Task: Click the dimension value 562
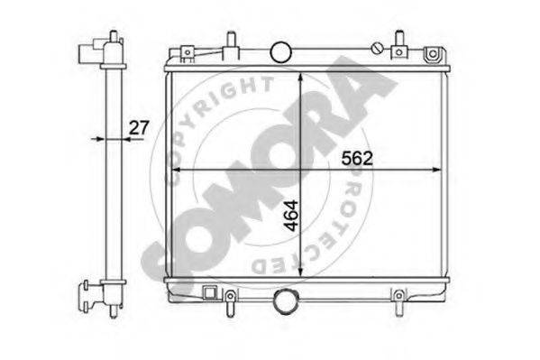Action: click(357, 159)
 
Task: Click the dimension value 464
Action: click(291, 215)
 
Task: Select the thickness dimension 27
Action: click(139, 127)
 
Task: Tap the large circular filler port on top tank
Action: click(280, 52)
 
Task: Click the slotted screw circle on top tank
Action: click(377, 49)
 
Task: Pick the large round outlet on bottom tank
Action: click(285, 301)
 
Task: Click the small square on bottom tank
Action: click(209, 292)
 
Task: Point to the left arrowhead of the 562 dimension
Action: click(177, 170)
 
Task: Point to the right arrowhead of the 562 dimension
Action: click(436, 170)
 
